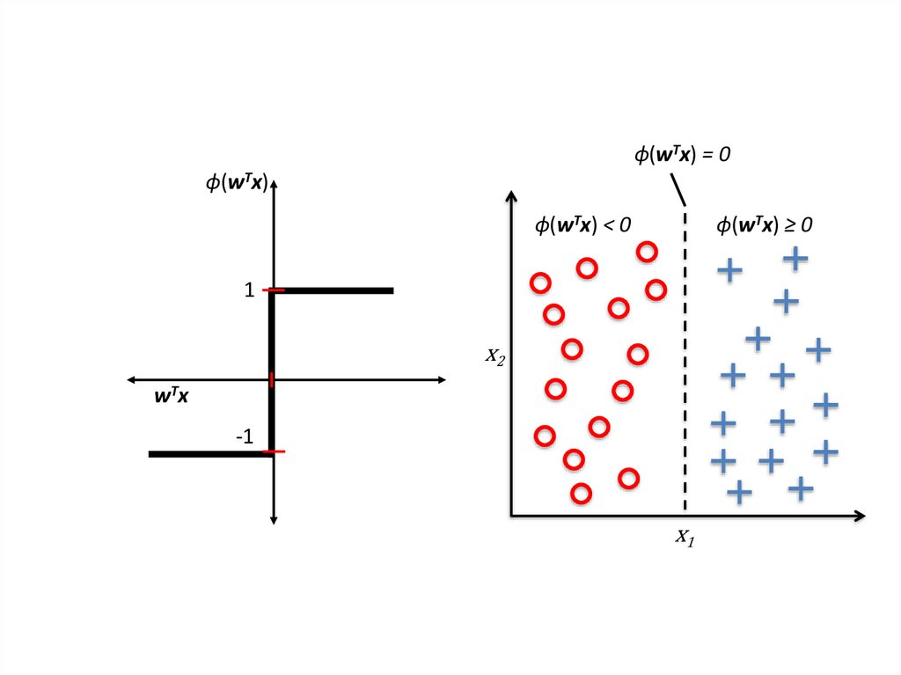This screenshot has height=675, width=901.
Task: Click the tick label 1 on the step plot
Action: (250, 290)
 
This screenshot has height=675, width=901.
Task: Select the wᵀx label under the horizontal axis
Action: (172, 397)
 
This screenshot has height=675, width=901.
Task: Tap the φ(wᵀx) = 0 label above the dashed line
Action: (683, 155)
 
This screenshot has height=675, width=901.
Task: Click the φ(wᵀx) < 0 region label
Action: (582, 224)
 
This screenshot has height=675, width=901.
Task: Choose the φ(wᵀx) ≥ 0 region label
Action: (764, 224)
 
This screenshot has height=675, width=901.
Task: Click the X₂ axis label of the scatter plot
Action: (495, 356)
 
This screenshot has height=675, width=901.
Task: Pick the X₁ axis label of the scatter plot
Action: (685, 537)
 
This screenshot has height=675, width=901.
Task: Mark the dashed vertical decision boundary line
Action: (685, 370)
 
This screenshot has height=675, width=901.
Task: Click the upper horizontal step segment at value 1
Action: (334, 290)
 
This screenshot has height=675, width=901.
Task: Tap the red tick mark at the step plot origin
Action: (272, 379)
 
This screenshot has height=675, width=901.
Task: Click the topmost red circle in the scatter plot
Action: (647, 252)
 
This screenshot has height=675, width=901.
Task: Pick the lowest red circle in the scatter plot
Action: (580, 494)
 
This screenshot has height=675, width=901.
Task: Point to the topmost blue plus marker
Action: (795, 258)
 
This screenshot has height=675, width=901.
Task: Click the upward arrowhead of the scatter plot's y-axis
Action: (511, 195)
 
